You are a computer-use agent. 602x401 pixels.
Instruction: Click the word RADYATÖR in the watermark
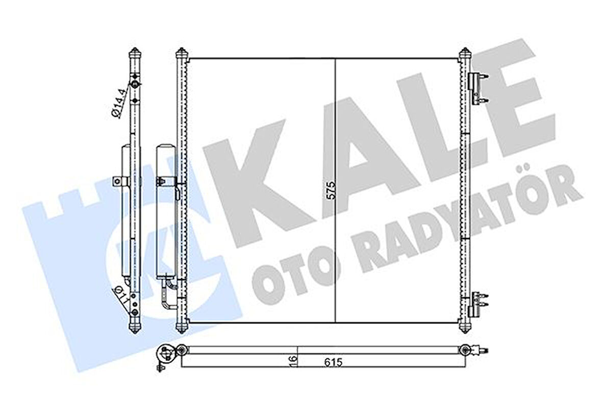coord(459,224)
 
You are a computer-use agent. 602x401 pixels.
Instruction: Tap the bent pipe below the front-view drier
coord(166,298)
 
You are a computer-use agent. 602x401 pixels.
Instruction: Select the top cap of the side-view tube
coord(135,53)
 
